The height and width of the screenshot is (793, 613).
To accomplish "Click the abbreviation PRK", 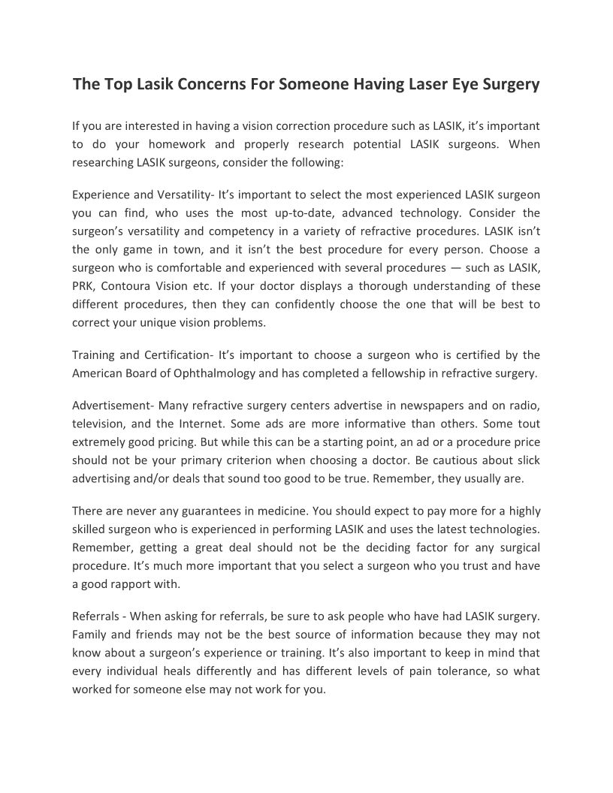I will (x=84, y=286).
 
